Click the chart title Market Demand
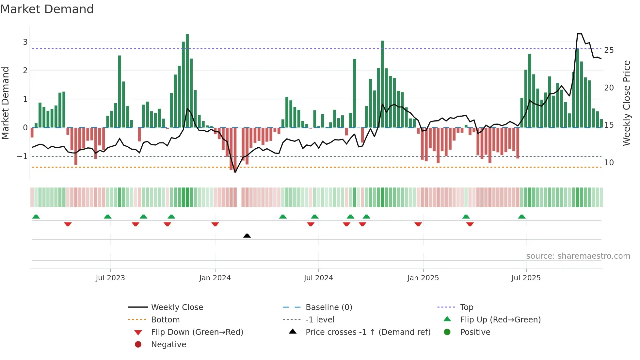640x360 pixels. (47, 9)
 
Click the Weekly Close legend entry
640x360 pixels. (177, 307)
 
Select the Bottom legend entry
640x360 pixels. (165, 319)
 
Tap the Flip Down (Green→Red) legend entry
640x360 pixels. (197, 332)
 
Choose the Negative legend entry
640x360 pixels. (168, 344)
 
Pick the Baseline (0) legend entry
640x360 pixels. (328, 307)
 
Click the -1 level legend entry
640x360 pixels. (320, 319)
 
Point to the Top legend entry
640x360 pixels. (466, 307)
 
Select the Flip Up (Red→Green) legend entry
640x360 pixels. (500, 319)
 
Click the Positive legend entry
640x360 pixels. (475, 332)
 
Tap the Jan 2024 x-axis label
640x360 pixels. (215, 278)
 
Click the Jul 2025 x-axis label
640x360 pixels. (526, 278)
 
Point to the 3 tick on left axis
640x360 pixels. (25, 42)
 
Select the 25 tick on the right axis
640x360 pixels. (609, 50)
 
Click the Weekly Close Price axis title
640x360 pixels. (626, 103)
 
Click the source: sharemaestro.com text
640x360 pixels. (578, 256)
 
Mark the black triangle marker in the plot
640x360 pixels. (247, 236)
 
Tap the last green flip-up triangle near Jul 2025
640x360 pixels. (521, 217)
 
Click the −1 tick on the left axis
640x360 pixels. (22, 156)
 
